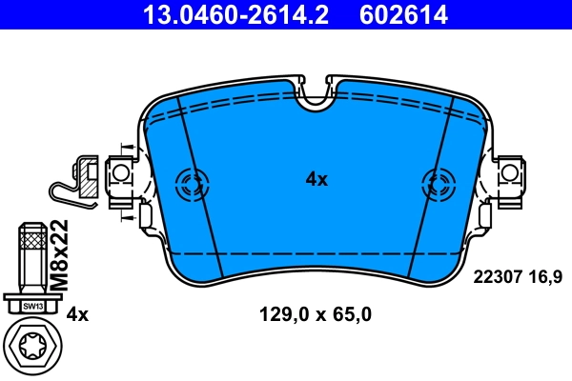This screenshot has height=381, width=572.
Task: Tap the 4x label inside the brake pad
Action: (316, 179)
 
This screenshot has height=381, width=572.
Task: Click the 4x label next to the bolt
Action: (77, 313)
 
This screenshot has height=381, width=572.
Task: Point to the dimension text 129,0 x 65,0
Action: (316, 313)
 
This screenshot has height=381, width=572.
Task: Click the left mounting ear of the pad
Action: (121, 176)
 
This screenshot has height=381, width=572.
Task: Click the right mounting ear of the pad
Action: (512, 176)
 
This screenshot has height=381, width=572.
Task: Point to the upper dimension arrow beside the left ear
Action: (125, 147)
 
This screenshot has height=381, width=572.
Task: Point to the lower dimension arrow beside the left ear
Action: (125, 215)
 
